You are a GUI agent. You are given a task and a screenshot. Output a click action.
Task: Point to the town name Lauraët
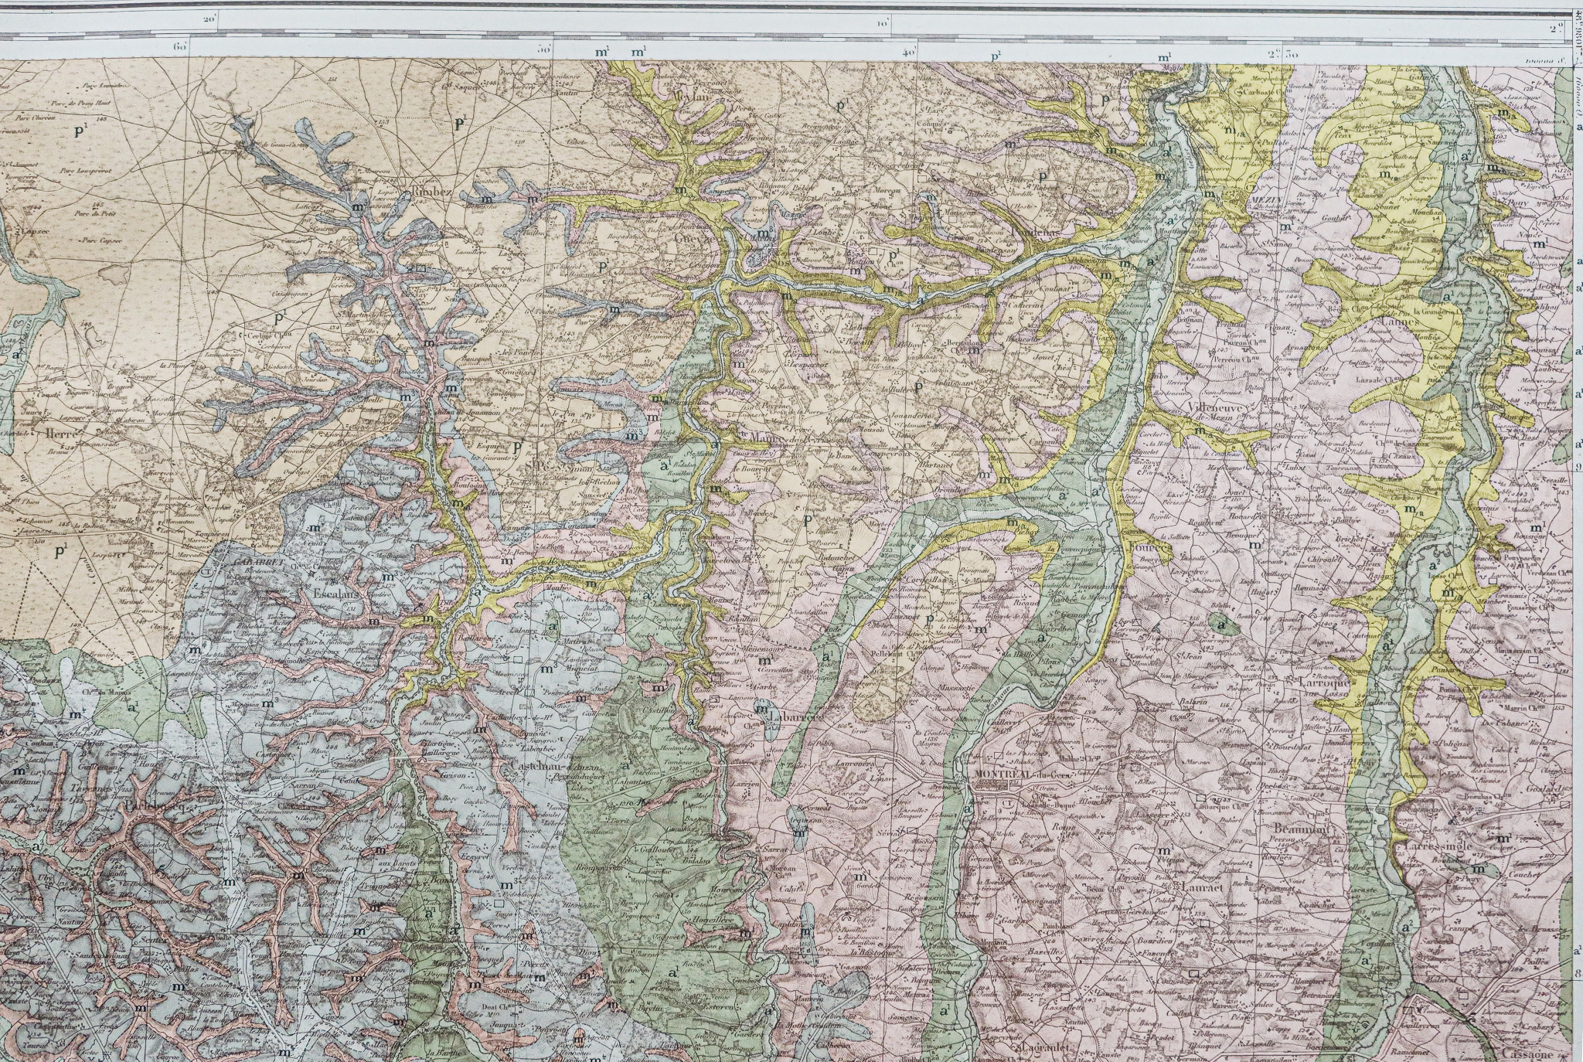tap(1201, 889)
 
